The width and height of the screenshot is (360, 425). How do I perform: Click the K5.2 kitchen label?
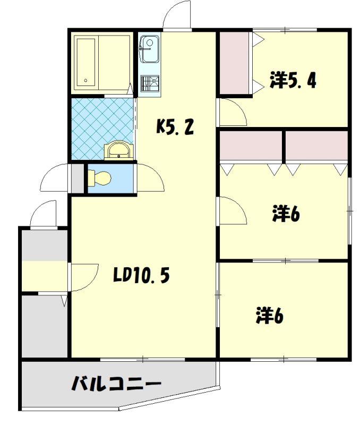175,127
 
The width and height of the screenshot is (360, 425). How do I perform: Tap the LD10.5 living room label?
141,275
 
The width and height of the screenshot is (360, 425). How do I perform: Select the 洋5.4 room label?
293,80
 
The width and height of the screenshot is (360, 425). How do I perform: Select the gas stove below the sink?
150,83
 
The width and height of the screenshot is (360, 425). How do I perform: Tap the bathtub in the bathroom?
86,62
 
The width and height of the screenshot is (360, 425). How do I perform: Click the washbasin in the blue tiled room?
119,151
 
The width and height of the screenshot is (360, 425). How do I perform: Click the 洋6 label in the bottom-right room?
270,315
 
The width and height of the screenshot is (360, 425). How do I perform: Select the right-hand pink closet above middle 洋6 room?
316,146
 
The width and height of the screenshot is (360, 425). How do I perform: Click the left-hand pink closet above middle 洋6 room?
251,146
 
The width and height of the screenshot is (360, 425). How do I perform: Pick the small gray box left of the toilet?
78,178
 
